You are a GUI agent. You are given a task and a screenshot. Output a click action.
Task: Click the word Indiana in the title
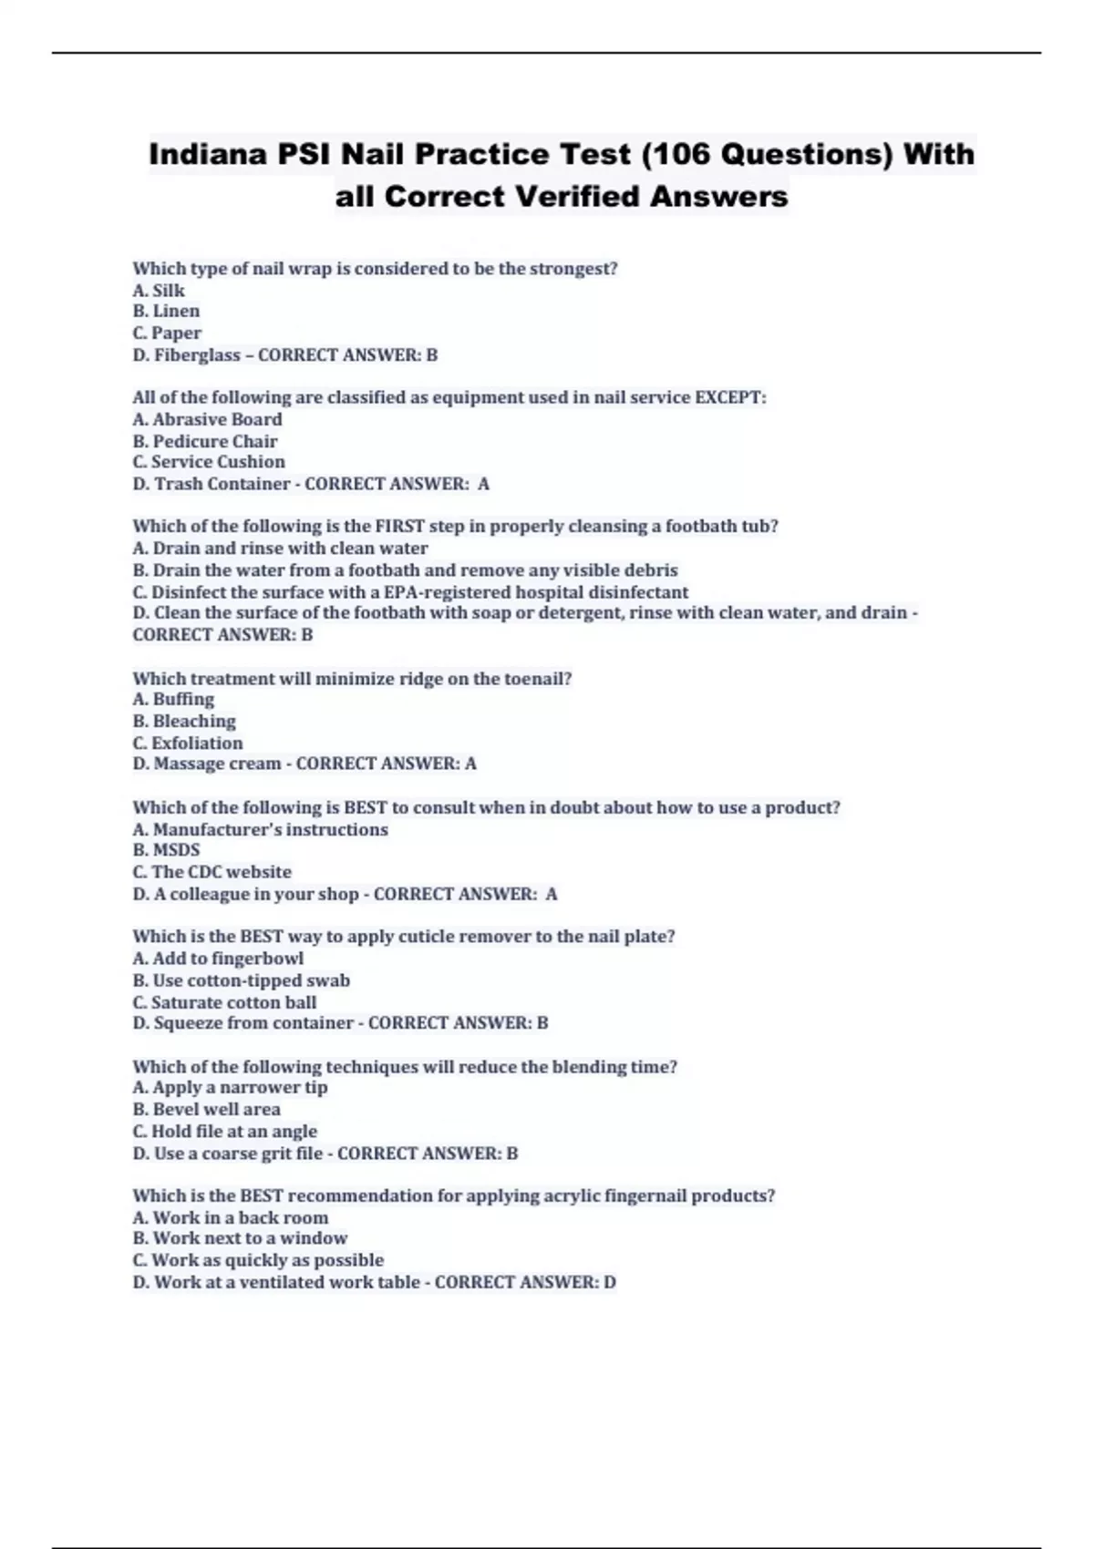208,154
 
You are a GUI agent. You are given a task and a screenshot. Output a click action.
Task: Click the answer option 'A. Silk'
159,291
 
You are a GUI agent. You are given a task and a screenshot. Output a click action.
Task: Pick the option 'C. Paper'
167,333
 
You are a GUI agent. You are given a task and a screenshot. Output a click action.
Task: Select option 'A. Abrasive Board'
208,420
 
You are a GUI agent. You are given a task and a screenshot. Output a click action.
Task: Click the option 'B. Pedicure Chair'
205,442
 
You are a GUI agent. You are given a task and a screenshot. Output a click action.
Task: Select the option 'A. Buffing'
173,700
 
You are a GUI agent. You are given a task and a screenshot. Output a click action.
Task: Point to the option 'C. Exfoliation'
188,744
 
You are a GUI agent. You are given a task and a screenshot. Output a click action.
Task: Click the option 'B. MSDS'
166,850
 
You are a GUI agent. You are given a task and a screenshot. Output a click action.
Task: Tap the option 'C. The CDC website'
212,872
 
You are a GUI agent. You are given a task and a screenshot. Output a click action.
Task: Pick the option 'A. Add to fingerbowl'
218,959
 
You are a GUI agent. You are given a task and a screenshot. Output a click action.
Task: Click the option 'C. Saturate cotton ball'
224,1002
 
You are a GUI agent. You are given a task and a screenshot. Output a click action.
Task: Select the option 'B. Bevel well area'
207,1110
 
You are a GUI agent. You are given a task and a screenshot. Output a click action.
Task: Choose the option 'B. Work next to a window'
240,1238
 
